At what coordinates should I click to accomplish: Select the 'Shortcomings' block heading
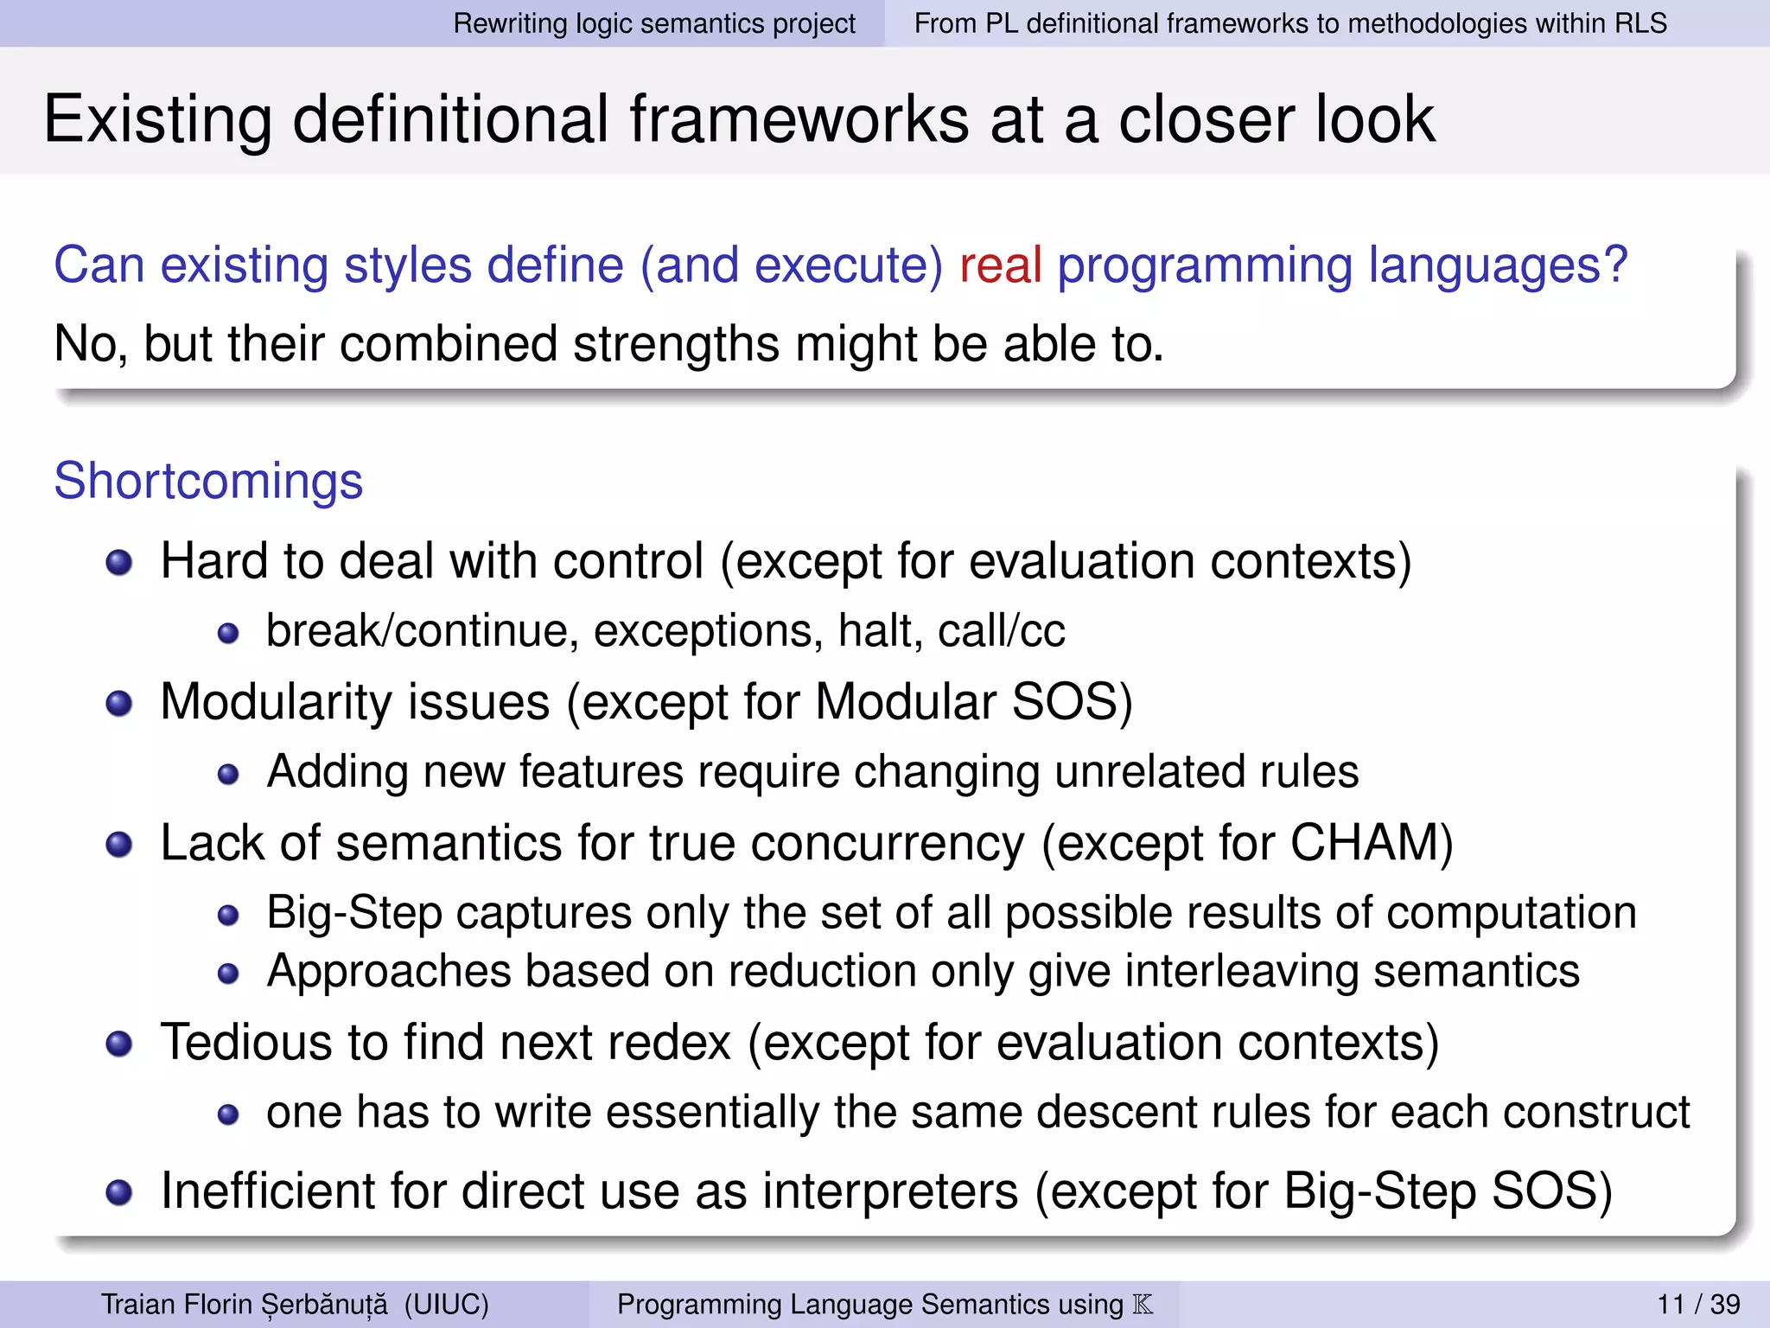click(208, 481)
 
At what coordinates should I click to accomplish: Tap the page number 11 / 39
click(1698, 1304)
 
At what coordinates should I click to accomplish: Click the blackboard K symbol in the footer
click(1143, 1304)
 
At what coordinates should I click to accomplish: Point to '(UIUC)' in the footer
click(446, 1304)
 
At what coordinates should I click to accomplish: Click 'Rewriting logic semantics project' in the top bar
click(654, 23)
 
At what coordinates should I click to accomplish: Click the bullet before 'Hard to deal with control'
click(119, 564)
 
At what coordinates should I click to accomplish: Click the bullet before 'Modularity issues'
click(119, 704)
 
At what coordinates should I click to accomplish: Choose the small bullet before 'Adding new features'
click(228, 774)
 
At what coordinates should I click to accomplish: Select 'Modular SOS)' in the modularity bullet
click(973, 701)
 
